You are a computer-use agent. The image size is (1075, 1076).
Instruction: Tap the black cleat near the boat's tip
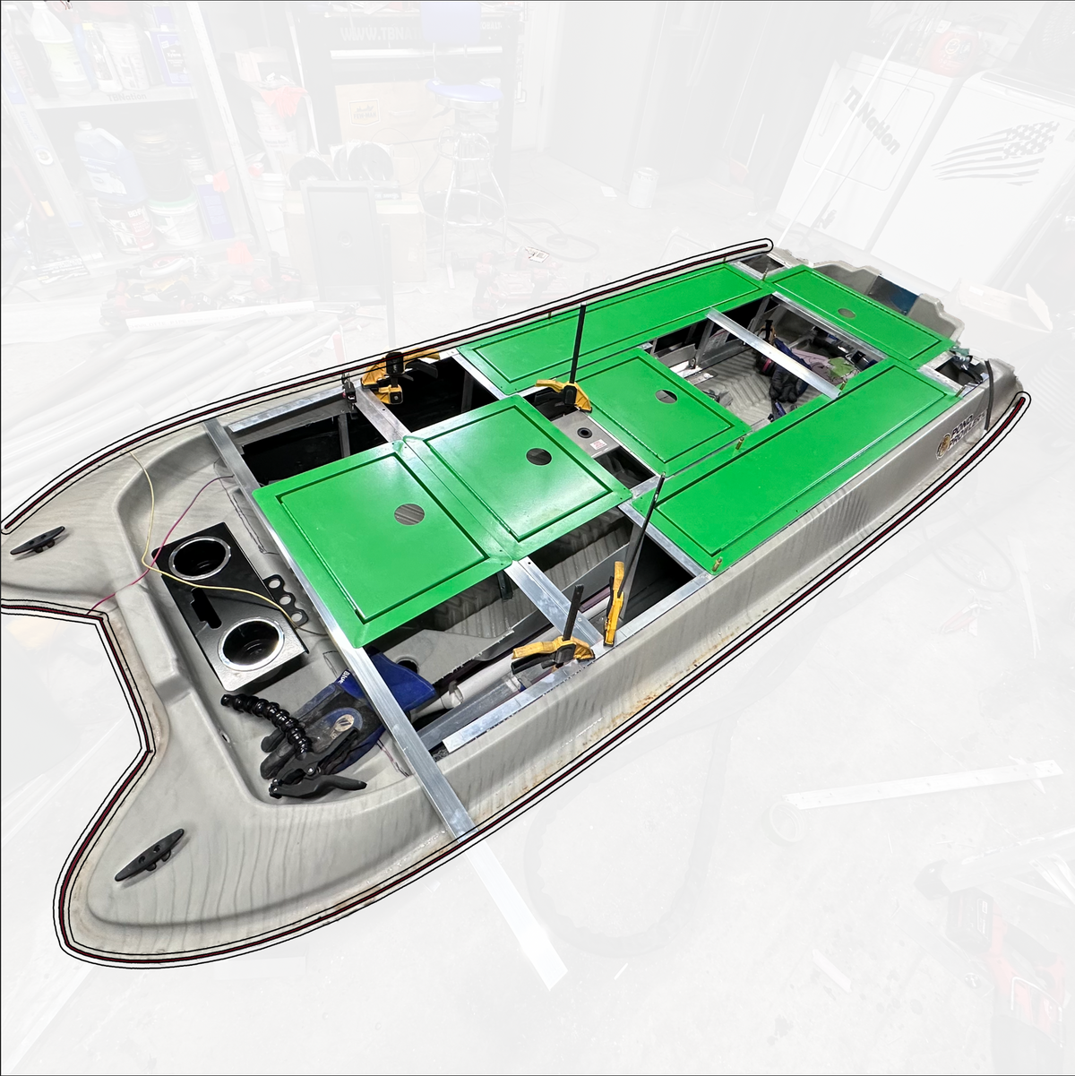[x=148, y=853]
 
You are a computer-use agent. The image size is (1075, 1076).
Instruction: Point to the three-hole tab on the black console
[x=285, y=596]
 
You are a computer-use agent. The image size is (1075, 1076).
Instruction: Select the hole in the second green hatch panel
[x=538, y=456]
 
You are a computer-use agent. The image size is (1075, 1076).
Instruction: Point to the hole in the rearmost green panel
[x=846, y=312]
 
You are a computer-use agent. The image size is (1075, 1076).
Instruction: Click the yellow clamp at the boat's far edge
[x=397, y=374]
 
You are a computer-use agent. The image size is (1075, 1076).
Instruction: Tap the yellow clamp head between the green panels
[x=563, y=392]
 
